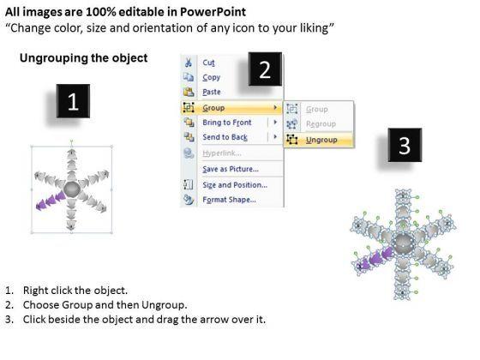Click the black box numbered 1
[x=73, y=101]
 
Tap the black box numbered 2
[x=265, y=69]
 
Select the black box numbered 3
[x=405, y=145]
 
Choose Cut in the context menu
[x=209, y=63]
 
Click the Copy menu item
[x=211, y=77]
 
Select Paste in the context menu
[x=212, y=92]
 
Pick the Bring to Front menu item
[x=227, y=123]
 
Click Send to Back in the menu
[x=225, y=137]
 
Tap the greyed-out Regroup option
[x=321, y=124]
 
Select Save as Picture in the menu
[x=231, y=169]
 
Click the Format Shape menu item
[x=229, y=200]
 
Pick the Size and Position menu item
[x=235, y=185]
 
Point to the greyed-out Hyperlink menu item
[x=222, y=153]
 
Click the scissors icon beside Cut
[x=189, y=63]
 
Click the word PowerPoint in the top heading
[x=213, y=12]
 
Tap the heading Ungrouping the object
[x=84, y=58]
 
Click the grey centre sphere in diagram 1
[x=72, y=189]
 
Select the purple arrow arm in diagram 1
[x=51, y=201]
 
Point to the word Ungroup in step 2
[x=163, y=305]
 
